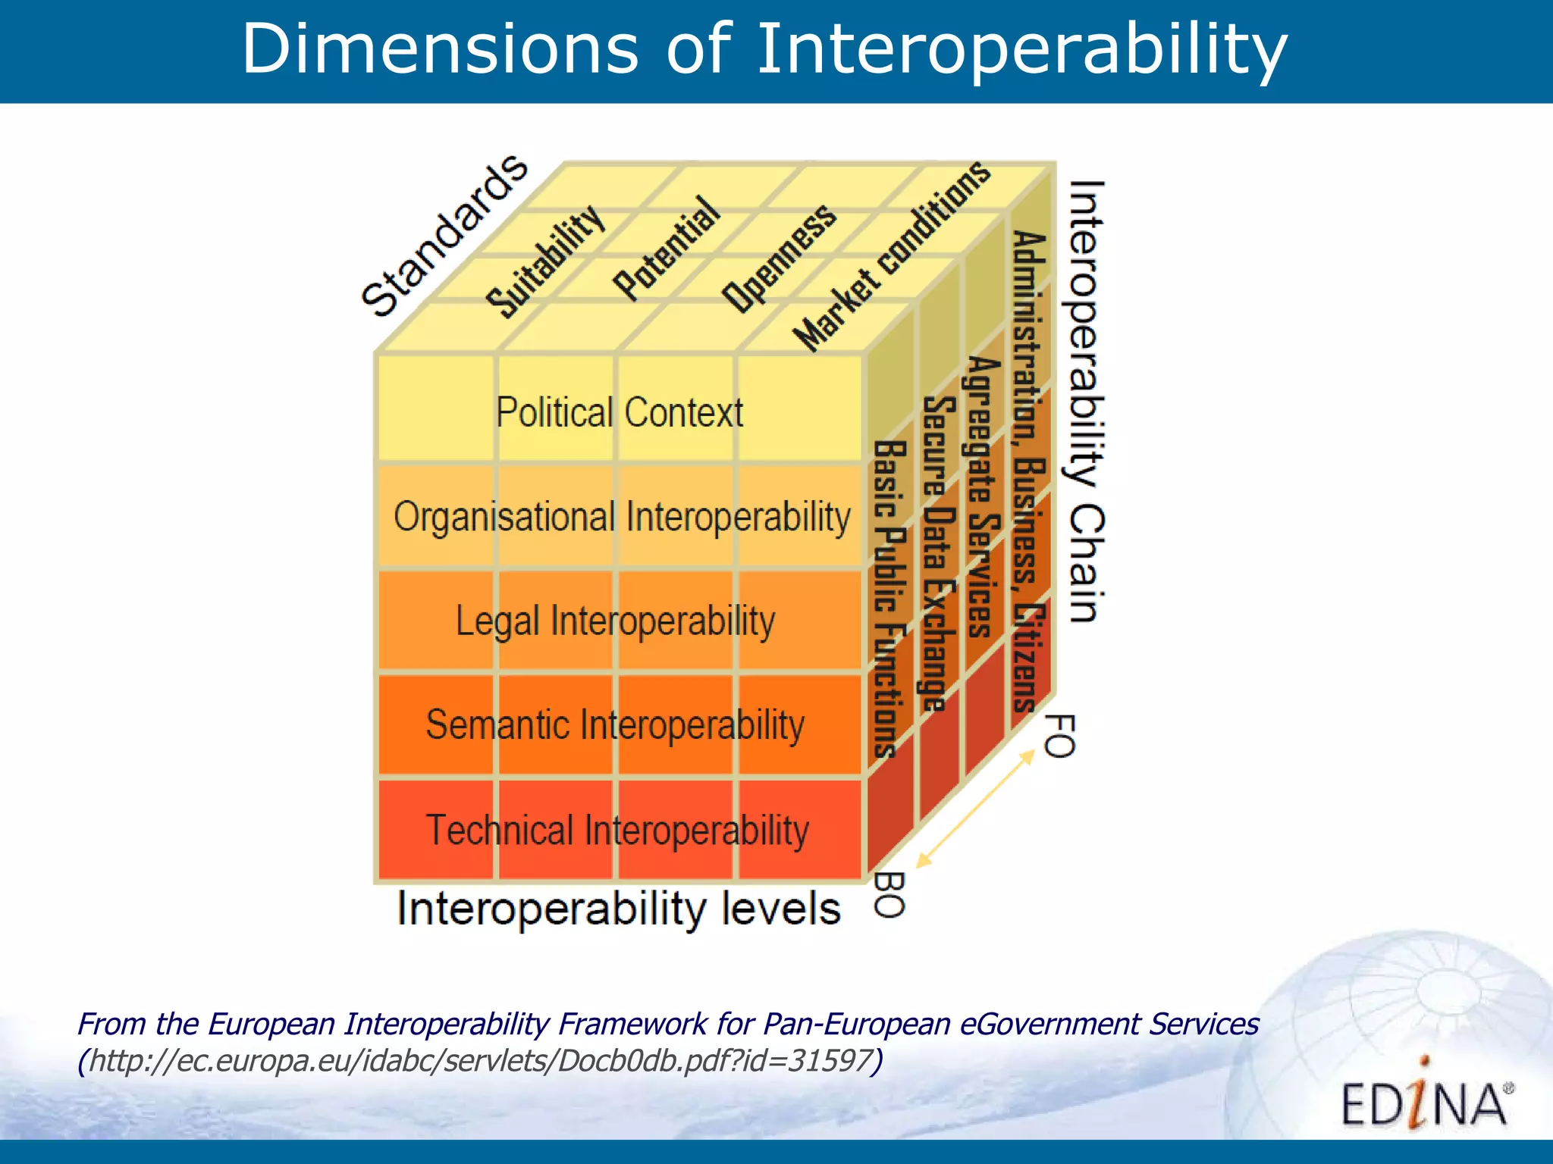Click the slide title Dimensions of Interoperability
(x=764, y=50)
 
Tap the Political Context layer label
(x=620, y=413)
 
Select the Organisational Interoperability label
(x=622, y=518)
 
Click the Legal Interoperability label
(x=615, y=621)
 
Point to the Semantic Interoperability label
(x=615, y=725)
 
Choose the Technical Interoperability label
(x=617, y=830)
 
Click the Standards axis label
(x=444, y=236)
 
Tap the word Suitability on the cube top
(x=546, y=261)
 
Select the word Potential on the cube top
(x=666, y=248)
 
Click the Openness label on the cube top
(x=780, y=258)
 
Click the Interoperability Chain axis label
(x=1086, y=402)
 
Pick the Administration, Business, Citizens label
(x=1030, y=470)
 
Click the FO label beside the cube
(x=1059, y=735)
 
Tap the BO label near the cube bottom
(x=889, y=894)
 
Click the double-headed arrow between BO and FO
(x=975, y=808)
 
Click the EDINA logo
(x=1424, y=1103)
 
